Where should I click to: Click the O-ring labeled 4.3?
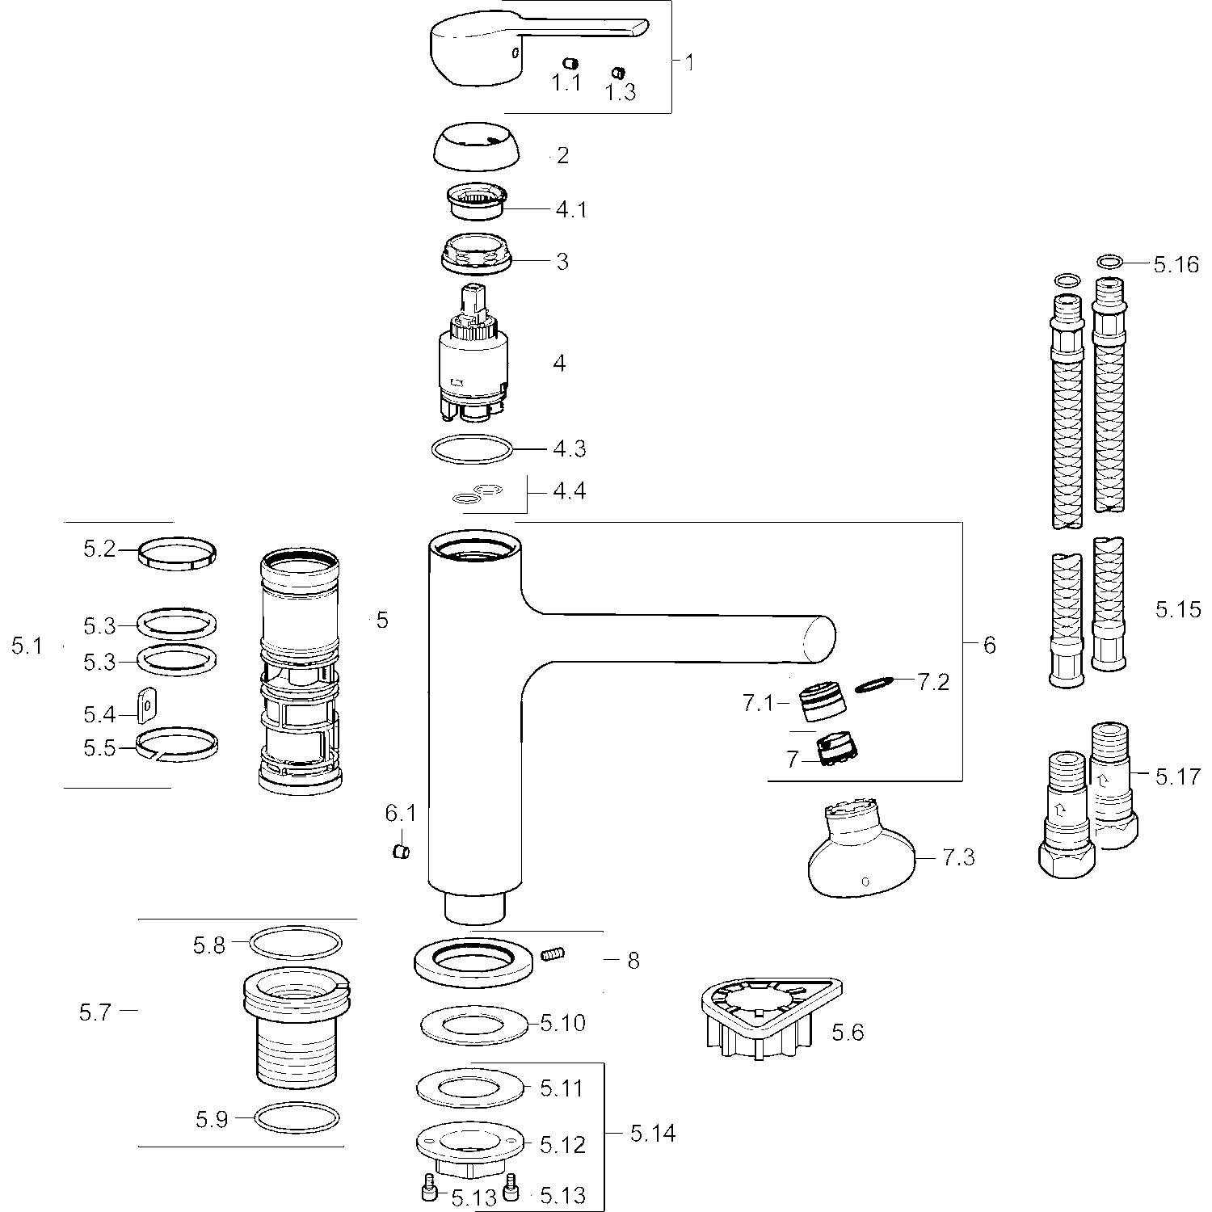click(x=472, y=448)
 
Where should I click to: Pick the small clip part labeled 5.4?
click(x=146, y=704)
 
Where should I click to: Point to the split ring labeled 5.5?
click(x=177, y=744)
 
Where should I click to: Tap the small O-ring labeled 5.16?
click(x=1111, y=261)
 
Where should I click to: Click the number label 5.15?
click(x=1178, y=609)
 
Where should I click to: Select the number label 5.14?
click(x=653, y=1134)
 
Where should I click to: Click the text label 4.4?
click(x=569, y=490)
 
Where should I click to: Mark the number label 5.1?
click(x=27, y=646)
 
